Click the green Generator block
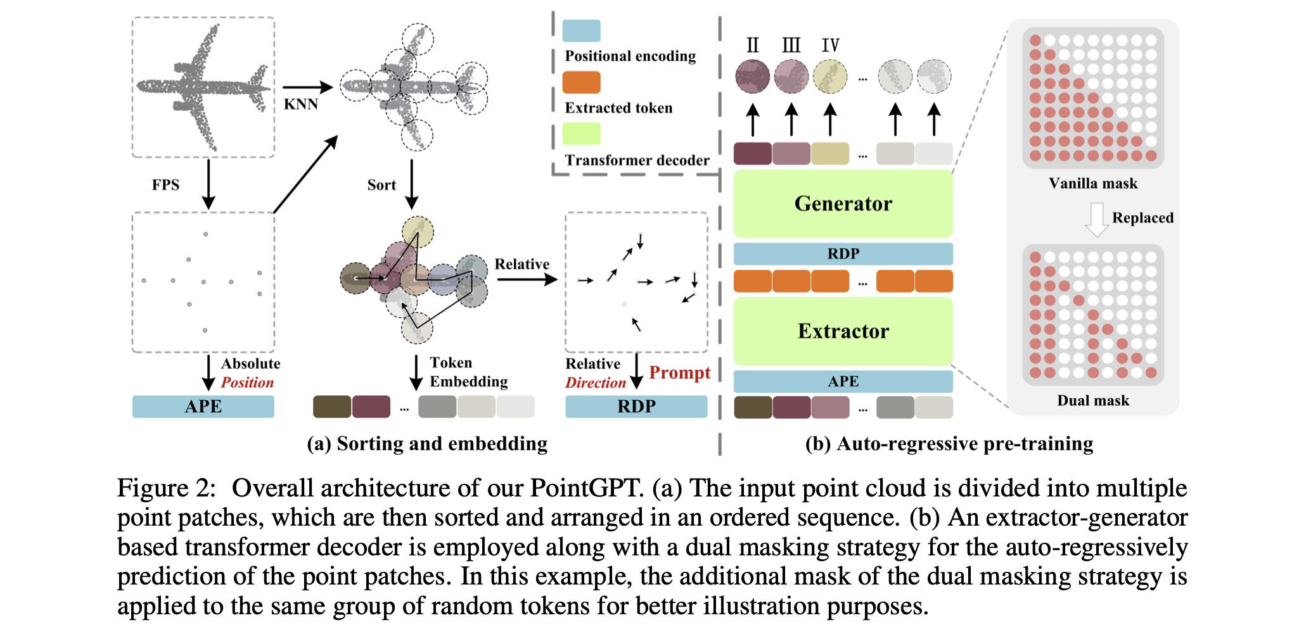coord(843,204)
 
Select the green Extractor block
coord(843,331)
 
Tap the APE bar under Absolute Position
coord(203,407)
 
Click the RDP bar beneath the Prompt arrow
coord(636,407)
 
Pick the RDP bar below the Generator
coord(843,254)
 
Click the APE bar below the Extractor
coord(843,381)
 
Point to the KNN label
coord(300,104)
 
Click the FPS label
coord(165,185)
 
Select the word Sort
coord(381,185)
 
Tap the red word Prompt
coord(679,372)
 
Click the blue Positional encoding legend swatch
coord(581,30)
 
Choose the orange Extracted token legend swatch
coord(581,82)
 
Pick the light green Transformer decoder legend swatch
coord(581,134)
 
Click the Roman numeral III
coord(791,46)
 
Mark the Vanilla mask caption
coord(1093,184)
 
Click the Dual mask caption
coord(1093,401)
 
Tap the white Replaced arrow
coord(1097,219)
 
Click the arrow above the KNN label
coord(307,87)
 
